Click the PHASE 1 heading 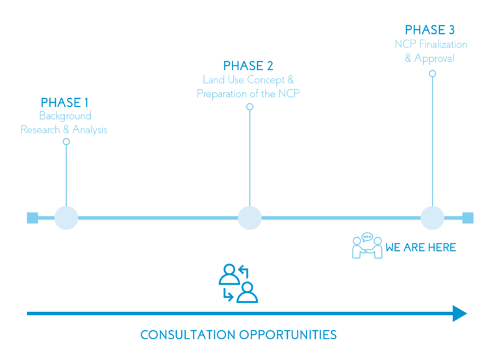click(64, 103)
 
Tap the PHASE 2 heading click(248, 66)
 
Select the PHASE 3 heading click(429, 30)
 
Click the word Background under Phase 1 click(66, 116)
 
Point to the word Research click(40, 130)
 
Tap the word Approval click(434, 58)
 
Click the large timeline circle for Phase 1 click(66, 218)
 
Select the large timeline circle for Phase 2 click(249, 218)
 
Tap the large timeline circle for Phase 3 click(433, 218)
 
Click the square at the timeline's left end click(32, 218)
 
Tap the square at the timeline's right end click(468, 218)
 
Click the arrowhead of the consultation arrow click(460, 314)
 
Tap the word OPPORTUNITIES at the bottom click(288, 335)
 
